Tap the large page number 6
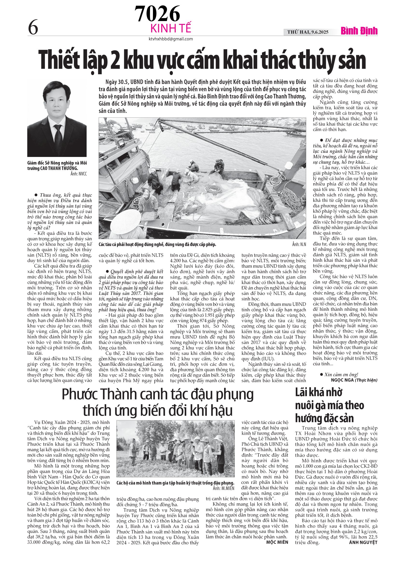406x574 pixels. pyautogui.click(x=33, y=27)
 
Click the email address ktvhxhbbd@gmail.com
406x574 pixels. pyautogui.click(x=171, y=39)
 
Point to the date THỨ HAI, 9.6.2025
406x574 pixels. pyautogui.click(x=307, y=32)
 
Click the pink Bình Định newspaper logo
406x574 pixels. pyautogui.click(x=359, y=31)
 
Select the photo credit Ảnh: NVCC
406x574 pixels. pyautogui.click(x=79, y=174)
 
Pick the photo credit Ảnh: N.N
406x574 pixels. pyautogui.click(x=299, y=244)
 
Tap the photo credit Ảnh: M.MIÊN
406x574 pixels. pyautogui.click(x=224, y=488)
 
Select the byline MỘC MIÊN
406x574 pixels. pyautogui.click(x=277, y=542)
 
